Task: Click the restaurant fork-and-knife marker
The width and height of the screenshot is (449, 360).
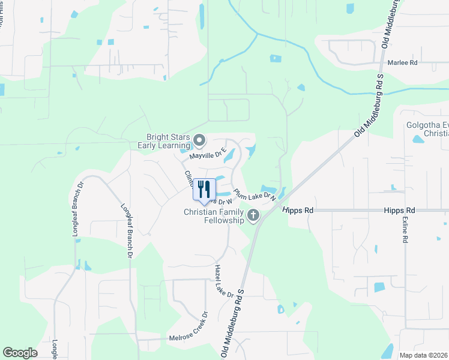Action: click(204, 190)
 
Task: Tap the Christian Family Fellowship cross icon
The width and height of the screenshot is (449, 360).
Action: click(253, 215)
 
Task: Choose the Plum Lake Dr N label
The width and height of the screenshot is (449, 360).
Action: click(255, 195)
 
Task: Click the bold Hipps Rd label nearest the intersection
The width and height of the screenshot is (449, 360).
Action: click(300, 211)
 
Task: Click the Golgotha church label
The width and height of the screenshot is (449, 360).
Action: click(427, 129)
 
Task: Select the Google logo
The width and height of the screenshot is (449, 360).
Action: click(20, 353)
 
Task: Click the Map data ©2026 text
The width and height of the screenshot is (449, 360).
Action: click(423, 355)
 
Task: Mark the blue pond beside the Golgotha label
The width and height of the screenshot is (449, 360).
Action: click(418, 140)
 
